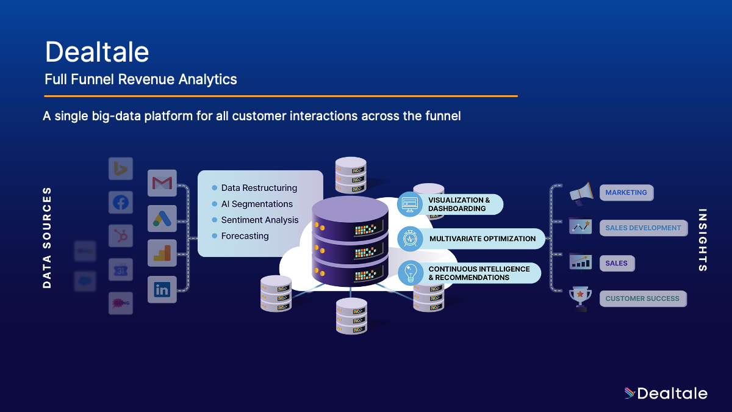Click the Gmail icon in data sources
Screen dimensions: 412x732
point(162,183)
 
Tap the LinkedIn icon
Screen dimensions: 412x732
point(162,289)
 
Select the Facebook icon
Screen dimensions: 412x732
point(121,202)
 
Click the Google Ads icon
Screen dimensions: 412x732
point(162,218)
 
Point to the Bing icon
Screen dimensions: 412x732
point(121,168)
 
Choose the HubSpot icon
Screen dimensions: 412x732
point(121,236)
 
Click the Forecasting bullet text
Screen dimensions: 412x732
point(245,236)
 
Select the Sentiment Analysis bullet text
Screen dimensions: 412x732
point(260,220)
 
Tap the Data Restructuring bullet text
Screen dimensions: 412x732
point(259,188)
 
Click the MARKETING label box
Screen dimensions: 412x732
point(626,193)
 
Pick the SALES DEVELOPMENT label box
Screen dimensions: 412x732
point(643,228)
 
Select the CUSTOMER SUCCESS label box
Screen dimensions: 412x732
point(642,299)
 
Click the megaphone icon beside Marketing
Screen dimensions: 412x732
point(580,193)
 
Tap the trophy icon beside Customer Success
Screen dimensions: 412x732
point(580,299)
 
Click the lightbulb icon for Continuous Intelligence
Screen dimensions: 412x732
point(410,273)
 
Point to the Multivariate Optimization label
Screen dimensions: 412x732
point(482,239)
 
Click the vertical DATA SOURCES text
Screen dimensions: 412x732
point(48,238)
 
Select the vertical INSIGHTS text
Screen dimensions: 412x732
point(703,240)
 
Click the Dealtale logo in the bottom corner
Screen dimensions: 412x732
point(666,394)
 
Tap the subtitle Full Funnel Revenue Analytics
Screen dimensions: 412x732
point(141,79)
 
